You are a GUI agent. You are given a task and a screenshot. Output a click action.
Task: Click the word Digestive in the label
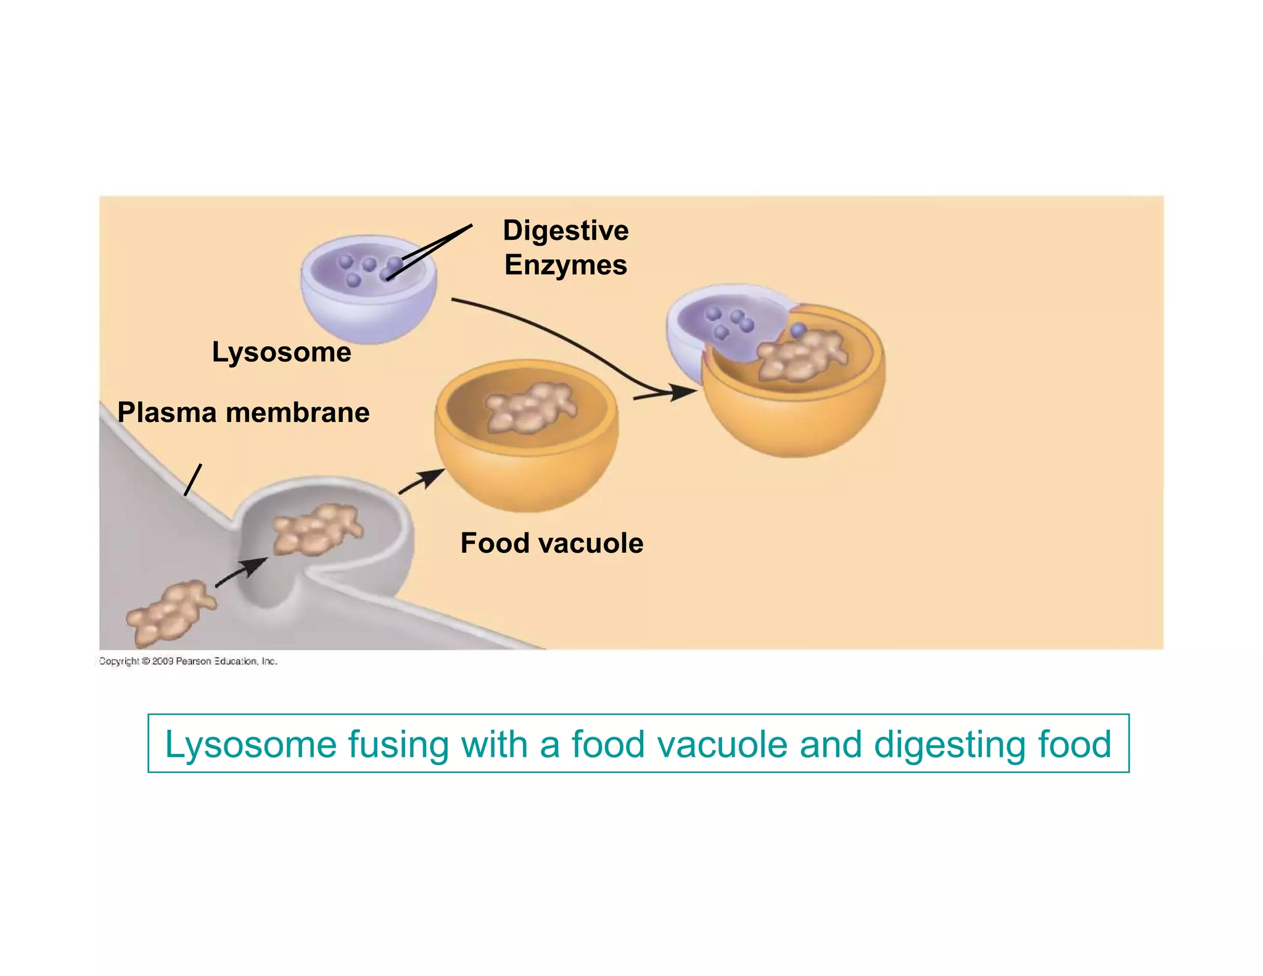click(566, 231)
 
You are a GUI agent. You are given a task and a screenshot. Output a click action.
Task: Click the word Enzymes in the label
click(566, 265)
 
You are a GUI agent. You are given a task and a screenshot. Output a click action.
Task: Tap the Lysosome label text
click(281, 352)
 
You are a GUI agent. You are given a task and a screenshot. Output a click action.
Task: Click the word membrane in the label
click(298, 413)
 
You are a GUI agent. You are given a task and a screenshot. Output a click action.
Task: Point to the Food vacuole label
click(551, 544)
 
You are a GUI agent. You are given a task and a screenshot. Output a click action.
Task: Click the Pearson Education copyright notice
click(188, 661)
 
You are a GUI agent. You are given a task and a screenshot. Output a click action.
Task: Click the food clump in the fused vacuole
click(799, 355)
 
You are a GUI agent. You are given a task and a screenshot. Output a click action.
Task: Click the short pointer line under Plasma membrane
click(192, 480)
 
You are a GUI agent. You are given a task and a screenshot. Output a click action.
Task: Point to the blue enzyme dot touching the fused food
click(798, 330)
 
